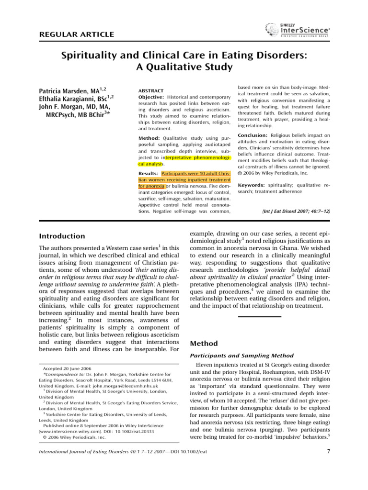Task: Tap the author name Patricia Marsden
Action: click(64, 90)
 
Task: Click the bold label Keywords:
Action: click(252, 184)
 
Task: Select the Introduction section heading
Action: click(61, 236)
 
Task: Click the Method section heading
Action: click(204, 343)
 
